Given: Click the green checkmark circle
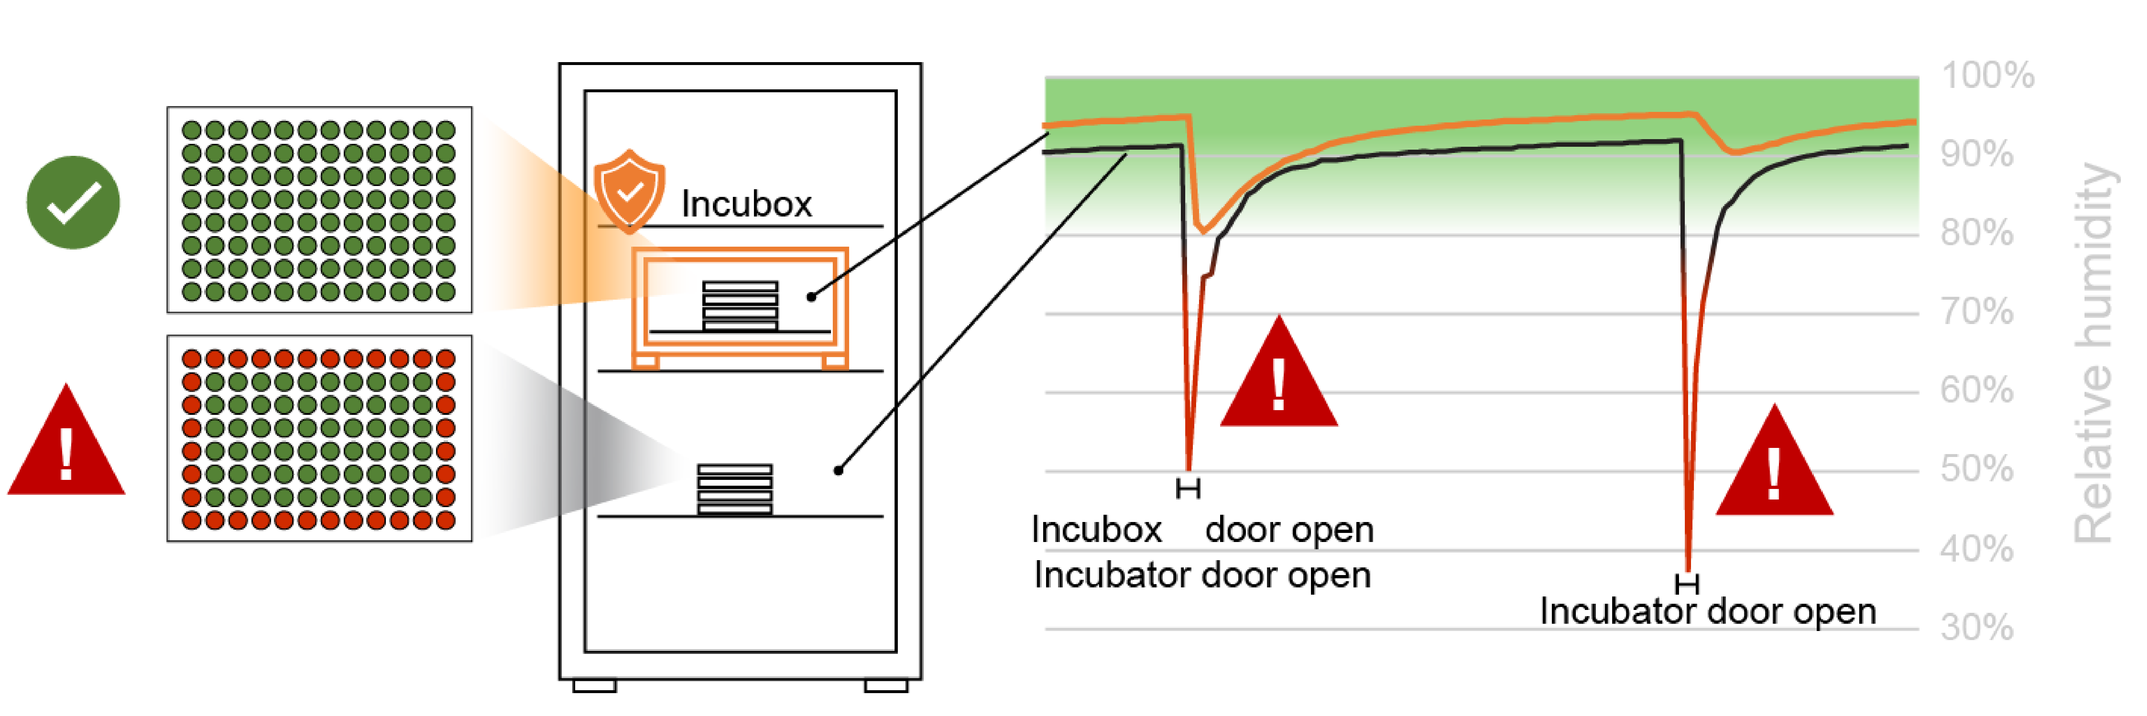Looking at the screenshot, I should tap(73, 203).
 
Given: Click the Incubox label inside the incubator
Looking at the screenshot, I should tap(746, 204).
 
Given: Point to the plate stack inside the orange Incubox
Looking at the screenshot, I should tap(740, 306).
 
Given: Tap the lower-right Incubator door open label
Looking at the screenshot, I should tap(1707, 612).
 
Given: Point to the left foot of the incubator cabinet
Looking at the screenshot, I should tap(594, 686).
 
